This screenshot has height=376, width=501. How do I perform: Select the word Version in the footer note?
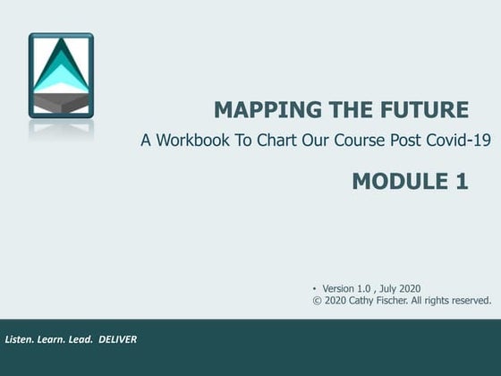point(339,288)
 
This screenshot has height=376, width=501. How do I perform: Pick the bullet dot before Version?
point(316,288)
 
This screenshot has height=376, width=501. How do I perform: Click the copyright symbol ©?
point(318,301)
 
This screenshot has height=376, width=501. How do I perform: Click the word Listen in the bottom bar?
point(21,340)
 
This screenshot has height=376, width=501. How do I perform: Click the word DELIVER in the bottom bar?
point(117,340)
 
